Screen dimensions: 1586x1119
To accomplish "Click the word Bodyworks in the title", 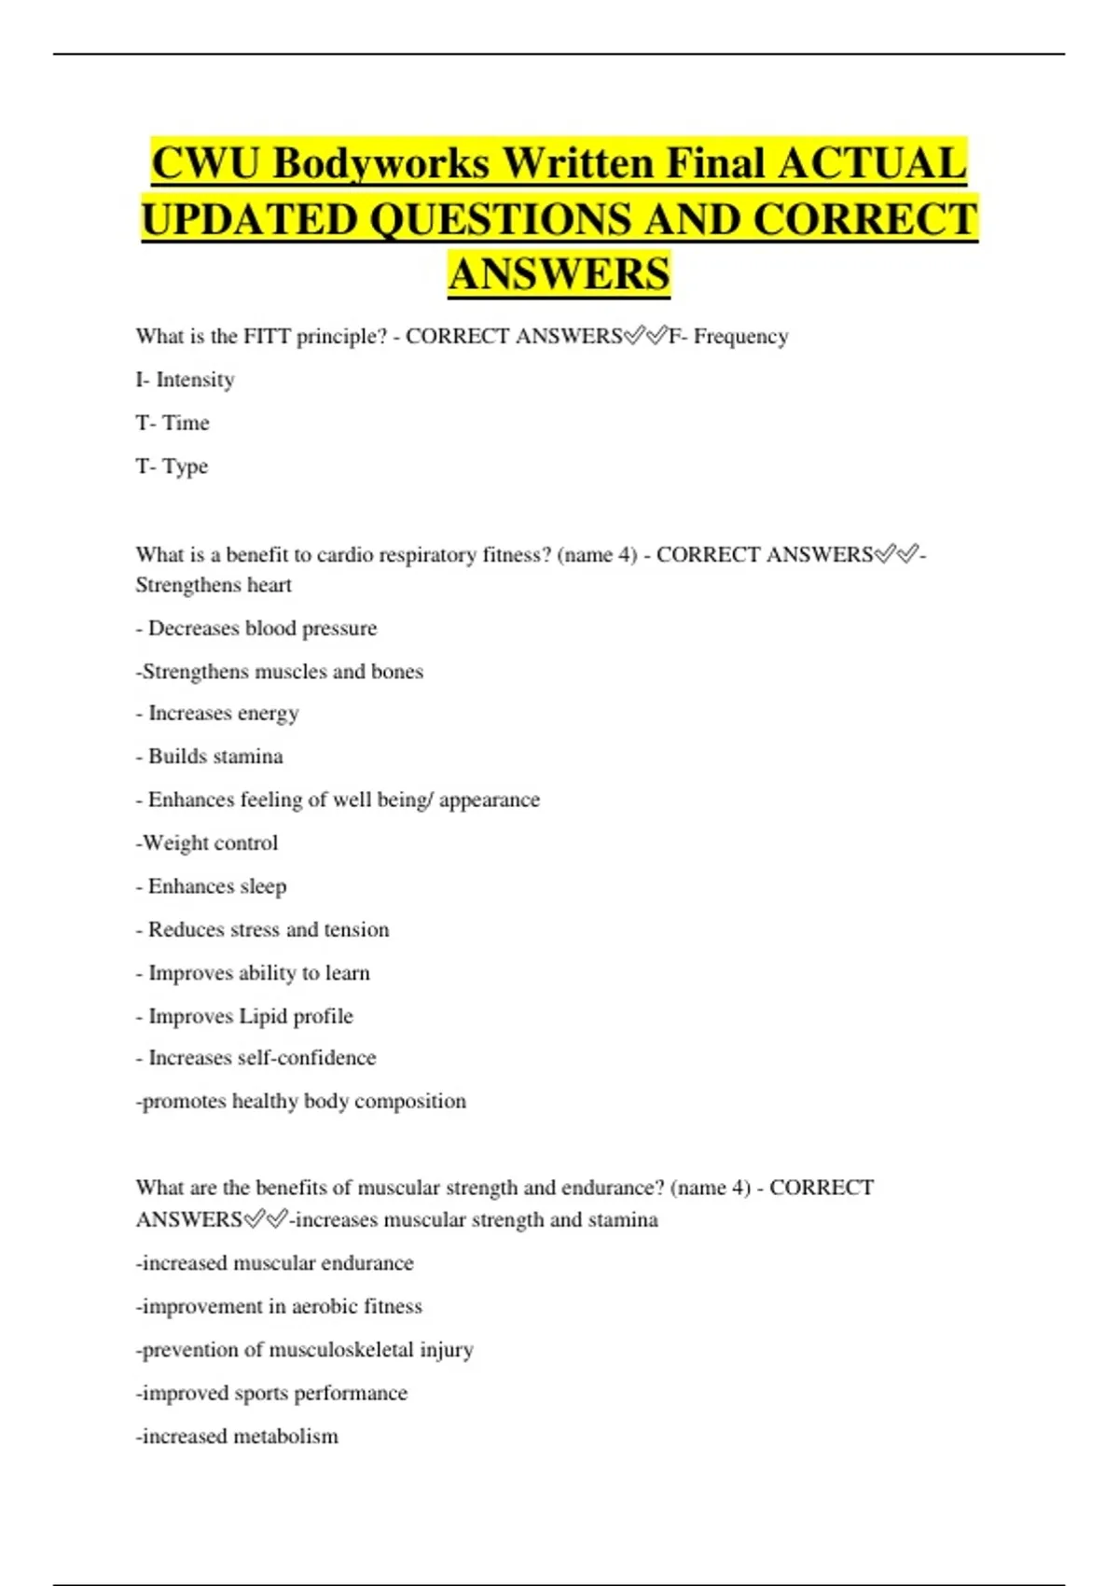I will (381, 164).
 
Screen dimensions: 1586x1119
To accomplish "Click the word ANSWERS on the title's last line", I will (559, 274).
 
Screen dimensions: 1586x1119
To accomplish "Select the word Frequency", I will (740, 336).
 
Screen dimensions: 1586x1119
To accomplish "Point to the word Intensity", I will (195, 380).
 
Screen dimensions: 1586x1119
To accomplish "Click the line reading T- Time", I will (173, 423).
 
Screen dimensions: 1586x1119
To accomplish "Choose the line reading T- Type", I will (172, 466).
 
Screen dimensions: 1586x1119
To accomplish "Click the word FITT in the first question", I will (267, 336).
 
